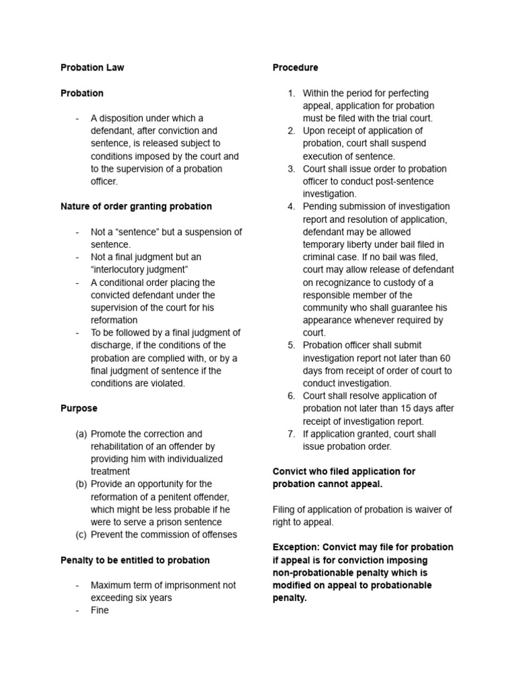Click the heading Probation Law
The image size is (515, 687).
point(92,68)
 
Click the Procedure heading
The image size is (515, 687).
point(295,68)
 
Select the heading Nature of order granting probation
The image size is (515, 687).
point(136,207)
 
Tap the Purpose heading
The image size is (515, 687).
point(78,409)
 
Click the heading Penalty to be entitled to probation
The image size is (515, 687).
point(135,560)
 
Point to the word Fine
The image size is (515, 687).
point(100,611)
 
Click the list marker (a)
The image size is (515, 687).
point(81,434)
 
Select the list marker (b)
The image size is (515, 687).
point(81,484)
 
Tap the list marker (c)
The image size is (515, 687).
point(81,535)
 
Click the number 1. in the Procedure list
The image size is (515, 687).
point(292,93)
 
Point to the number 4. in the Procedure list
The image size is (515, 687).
point(292,207)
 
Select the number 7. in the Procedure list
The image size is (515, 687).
point(292,434)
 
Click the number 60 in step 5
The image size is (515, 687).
point(445,358)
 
